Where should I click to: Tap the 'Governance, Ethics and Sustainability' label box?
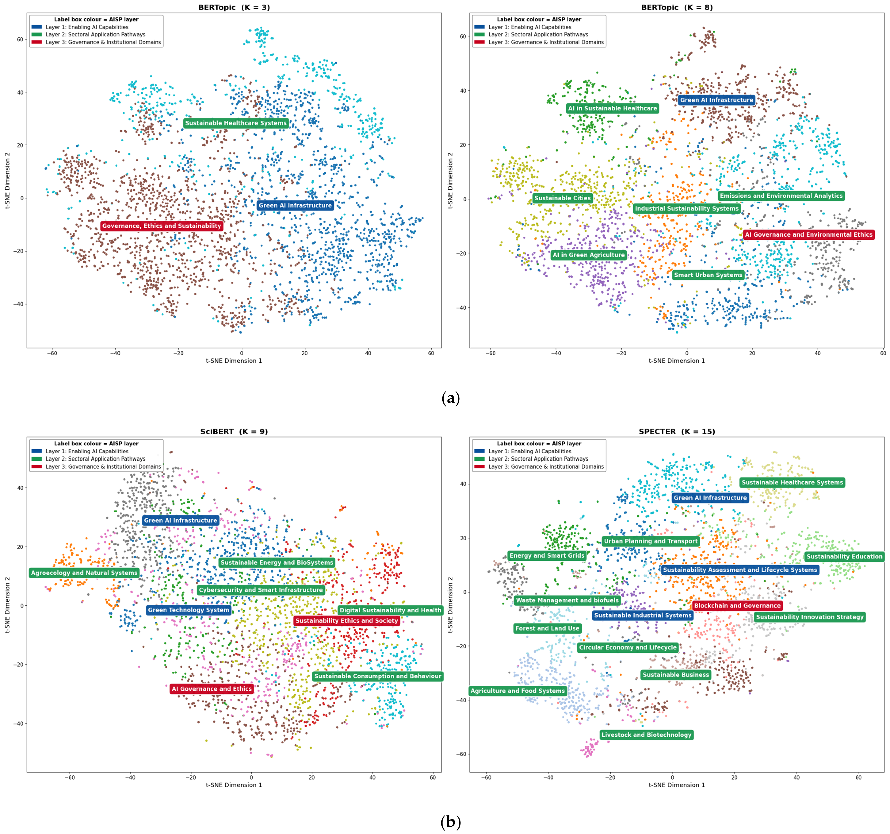162,226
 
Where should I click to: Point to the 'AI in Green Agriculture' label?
588,255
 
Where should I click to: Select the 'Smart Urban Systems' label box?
708,275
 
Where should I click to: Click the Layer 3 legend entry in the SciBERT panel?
96,467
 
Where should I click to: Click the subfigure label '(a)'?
450,398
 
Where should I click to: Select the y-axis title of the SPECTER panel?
450,604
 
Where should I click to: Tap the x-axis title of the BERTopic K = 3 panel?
234,361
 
